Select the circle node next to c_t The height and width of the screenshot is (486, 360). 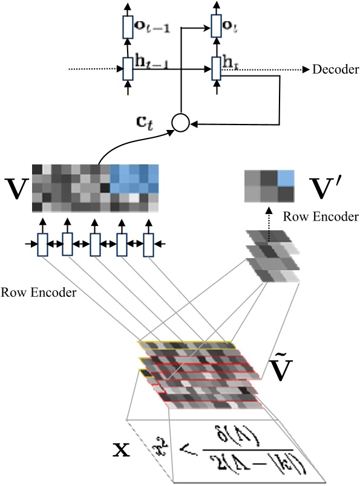click(180, 123)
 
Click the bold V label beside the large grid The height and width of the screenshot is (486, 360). click(15, 188)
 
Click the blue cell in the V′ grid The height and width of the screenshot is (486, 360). click(287, 178)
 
